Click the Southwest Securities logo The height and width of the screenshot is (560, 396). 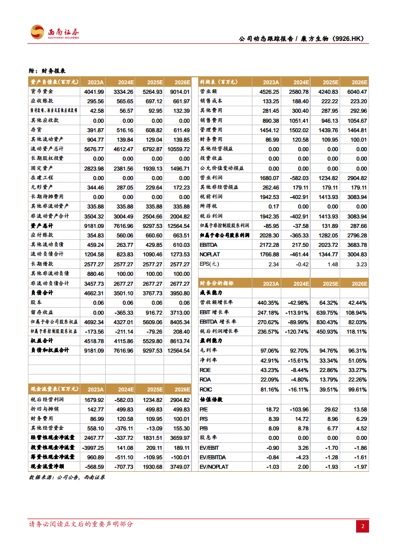(x=54, y=32)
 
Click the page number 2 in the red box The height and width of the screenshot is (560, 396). (x=363, y=526)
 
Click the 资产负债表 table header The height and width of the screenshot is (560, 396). (x=52, y=82)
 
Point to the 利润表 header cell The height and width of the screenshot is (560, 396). (x=218, y=82)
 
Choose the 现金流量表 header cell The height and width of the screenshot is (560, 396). (x=52, y=390)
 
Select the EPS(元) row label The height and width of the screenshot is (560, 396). (x=210, y=264)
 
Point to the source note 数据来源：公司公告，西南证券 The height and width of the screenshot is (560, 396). (x=67, y=477)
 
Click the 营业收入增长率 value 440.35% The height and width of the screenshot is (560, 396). (x=267, y=303)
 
